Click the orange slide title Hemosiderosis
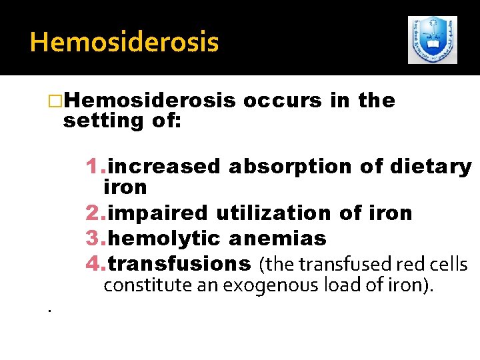[124, 42]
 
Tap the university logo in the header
[433, 40]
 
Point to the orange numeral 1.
[93, 166]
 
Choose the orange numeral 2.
[93, 213]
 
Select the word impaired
[159, 213]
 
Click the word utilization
[268, 213]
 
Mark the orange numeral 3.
[93, 238]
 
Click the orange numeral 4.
[93, 264]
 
